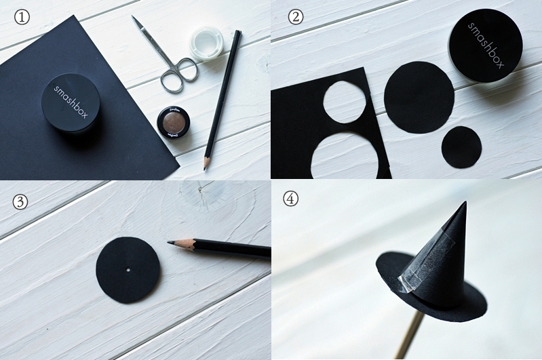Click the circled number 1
22,17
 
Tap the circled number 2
296,17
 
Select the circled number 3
20,201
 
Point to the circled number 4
291,199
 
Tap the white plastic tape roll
206,44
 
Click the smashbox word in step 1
71,102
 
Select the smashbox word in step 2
486,45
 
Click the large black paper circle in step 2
419,97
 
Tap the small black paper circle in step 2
461,147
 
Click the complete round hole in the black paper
345,102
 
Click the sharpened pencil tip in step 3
170,243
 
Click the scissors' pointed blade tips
134,18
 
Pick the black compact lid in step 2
485,45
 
